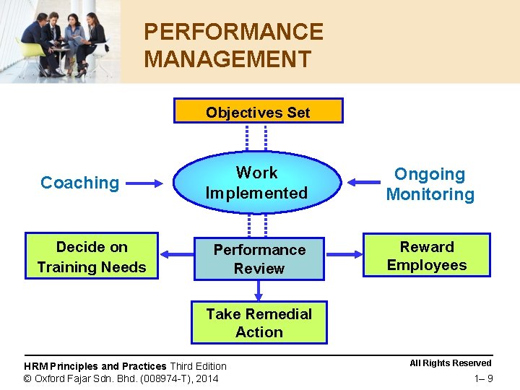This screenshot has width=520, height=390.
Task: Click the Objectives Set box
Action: pyautogui.click(x=258, y=111)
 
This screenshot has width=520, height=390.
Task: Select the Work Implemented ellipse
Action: pyautogui.click(x=256, y=183)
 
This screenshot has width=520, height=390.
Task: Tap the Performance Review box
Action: pyautogui.click(x=259, y=259)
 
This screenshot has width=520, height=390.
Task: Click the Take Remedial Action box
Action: pyautogui.click(x=259, y=323)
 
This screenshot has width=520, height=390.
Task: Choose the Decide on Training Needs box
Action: pyautogui.click(x=92, y=256)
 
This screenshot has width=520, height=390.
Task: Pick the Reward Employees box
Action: pyautogui.click(x=427, y=256)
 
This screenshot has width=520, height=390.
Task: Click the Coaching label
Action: pyautogui.click(x=79, y=183)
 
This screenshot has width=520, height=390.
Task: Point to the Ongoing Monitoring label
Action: pyautogui.click(x=430, y=184)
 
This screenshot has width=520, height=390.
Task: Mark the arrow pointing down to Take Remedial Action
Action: pyautogui.click(x=259, y=290)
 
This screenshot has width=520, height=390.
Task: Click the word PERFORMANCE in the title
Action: pyautogui.click(x=233, y=32)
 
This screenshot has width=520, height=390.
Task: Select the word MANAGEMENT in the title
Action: pyautogui.click(x=227, y=58)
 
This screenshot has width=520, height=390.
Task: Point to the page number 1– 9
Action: pyautogui.click(x=483, y=378)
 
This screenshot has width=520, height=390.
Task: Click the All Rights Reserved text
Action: pyautogui.click(x=450, y=363)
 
